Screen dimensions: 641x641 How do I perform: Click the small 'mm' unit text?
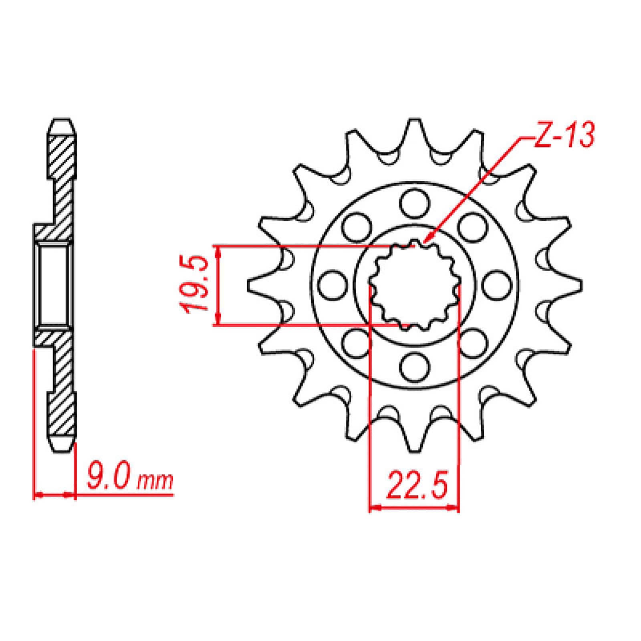click(x=155, y=483)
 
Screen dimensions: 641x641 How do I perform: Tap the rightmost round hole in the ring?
click(x=497, y=285)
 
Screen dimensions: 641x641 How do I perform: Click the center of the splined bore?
click(x=415, y=285)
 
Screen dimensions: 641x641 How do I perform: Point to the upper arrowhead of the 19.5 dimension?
click(x=218, y=250)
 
